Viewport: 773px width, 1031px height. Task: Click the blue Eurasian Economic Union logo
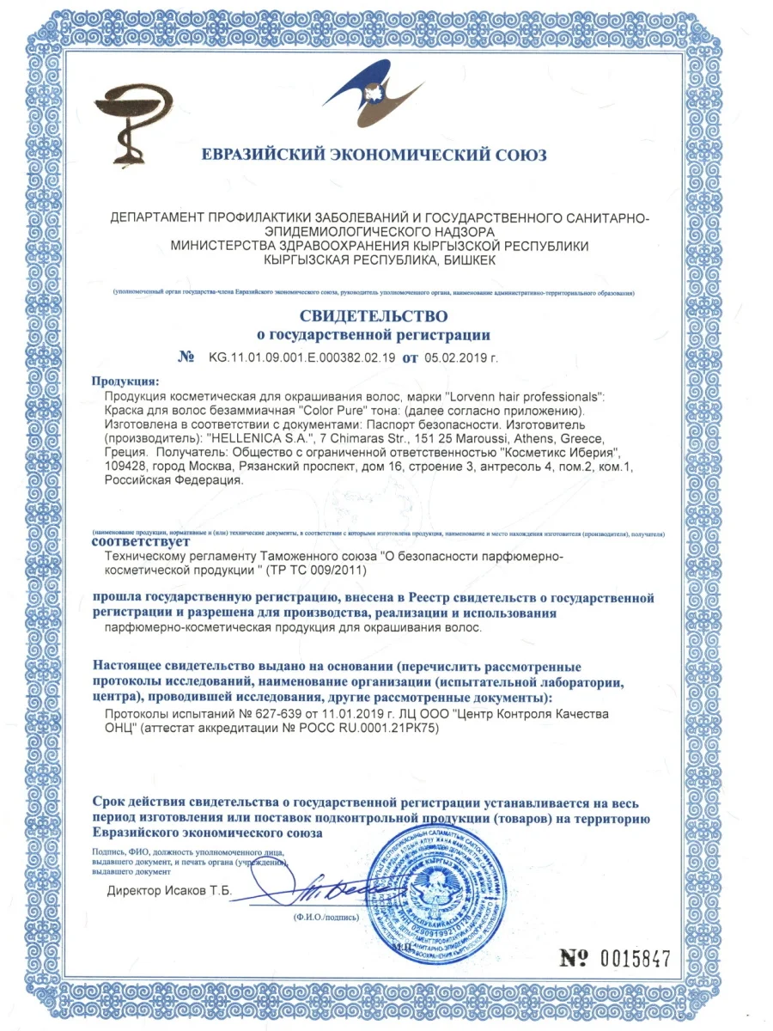click(x=374, y=99)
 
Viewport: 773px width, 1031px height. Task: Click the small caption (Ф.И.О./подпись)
click(x=326, y=917)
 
